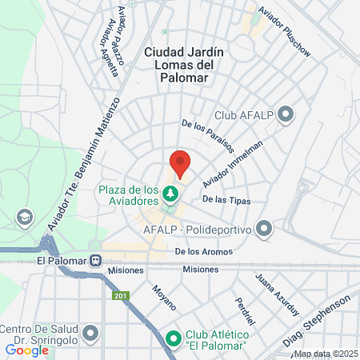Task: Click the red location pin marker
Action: tap(180, 162)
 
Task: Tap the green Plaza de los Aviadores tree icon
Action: tap(170, 194)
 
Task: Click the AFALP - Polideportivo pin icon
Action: tap(265, 230)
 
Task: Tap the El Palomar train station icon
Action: tap(96, 260)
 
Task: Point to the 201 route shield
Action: tap(121, 298)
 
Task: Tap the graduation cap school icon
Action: tap(26, 217)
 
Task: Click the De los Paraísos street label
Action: tap(209, 136)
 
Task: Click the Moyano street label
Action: tap(163, 298)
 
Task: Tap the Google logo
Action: tap(26, 350)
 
